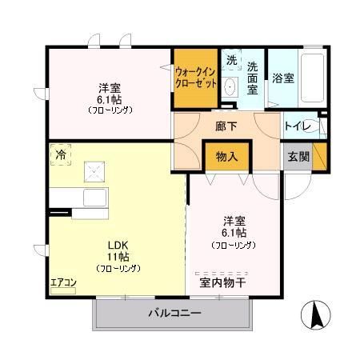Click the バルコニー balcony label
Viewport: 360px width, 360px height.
point(174,312)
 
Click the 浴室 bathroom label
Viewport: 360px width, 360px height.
point(282,78)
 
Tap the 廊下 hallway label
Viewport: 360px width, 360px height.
point(225,126)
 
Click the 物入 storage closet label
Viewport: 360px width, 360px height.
point(227,156)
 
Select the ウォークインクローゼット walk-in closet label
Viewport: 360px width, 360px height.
point(195,76)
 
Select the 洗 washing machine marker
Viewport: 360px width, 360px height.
point(231,60)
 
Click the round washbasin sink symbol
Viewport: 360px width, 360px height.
point(231,87)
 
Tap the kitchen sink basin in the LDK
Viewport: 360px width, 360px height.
point(94,197)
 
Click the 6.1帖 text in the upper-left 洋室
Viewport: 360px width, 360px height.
point(110,99)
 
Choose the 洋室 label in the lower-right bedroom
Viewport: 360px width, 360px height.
point(232,222)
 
